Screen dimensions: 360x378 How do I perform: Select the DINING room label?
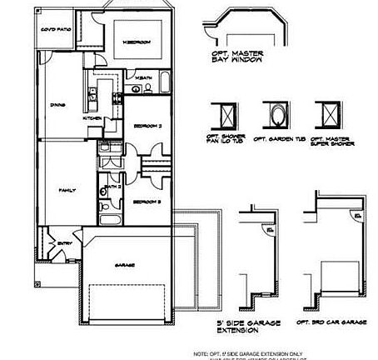(58, 105)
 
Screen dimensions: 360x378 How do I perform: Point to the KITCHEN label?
(92, 118)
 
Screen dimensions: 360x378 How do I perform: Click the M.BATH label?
(142, 78)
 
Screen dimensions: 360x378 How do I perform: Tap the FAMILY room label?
(67, 191)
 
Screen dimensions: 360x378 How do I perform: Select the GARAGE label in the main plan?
(125, 265)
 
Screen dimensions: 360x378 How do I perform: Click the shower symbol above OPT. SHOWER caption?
(225, 114)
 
